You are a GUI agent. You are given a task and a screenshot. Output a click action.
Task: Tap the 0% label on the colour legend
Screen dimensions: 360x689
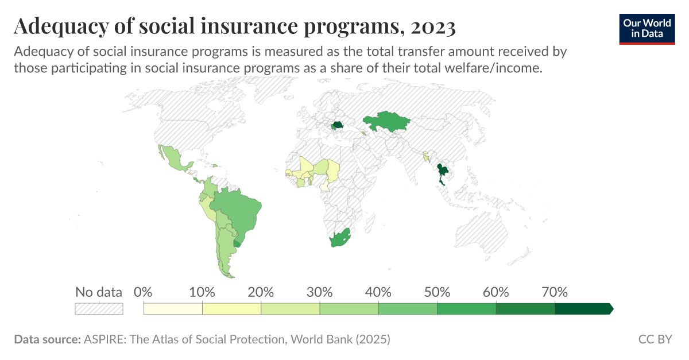click(x=143, y=292)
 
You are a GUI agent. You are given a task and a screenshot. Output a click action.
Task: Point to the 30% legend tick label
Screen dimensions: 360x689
click(x=319, y=292)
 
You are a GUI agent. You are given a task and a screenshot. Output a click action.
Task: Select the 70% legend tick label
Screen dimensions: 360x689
click(x=555, y=292)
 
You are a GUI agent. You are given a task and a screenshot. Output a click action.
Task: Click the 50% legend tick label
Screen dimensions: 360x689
click(x=437, y=292)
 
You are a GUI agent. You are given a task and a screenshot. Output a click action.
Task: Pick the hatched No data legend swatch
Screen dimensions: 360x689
click(x=99, y=309)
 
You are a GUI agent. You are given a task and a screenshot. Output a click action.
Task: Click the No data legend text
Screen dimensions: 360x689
click(x=99, y=292)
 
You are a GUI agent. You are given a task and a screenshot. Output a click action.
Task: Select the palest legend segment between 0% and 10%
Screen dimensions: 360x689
click(x=173, y=309)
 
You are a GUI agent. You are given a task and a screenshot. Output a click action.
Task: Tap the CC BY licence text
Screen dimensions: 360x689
click(x=655, y=339)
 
